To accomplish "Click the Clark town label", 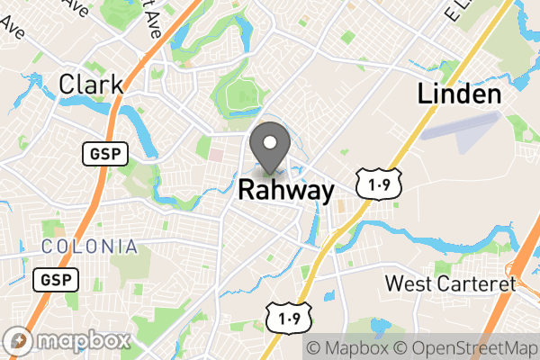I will click(92, 85).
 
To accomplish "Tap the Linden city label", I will click(458, 94).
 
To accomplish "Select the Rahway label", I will click(286, 191).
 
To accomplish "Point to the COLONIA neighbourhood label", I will click(90, 246).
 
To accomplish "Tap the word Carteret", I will click(478, 284).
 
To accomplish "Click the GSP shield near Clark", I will click(104, 154).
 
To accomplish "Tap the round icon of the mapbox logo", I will click(20, 342).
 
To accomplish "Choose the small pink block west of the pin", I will click(216, 154).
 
